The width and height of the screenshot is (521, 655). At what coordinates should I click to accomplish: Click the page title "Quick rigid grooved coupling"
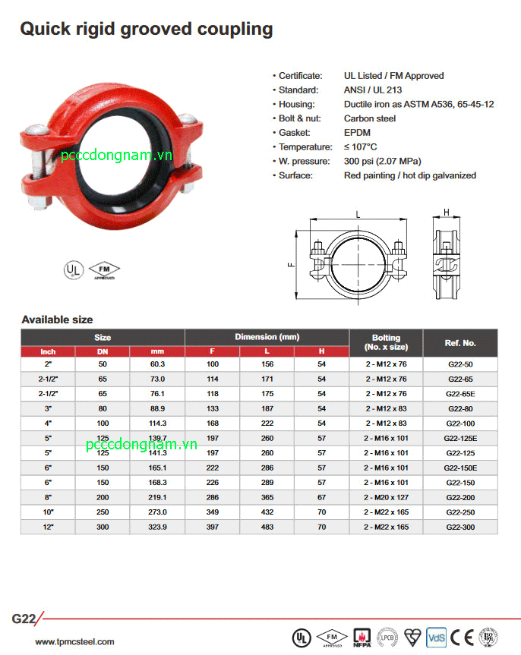pyautogui.click(x=146, y=30)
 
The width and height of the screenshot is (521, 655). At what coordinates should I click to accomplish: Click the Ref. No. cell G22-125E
pyautogui.click(x=460, y=438)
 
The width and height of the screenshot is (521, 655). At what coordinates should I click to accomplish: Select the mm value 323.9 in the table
pyautogui.click(x=157, y=527)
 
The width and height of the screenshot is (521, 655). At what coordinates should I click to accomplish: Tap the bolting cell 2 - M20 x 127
pyautogui.click(x=386, y=497)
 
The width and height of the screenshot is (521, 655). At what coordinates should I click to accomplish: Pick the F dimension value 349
pyautogui.click(x=213, y=512)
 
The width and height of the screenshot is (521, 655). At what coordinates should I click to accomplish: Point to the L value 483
pyautogui.click(x=267, y=527)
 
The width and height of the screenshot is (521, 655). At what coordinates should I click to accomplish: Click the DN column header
pyautogui.click(x=103, y=351)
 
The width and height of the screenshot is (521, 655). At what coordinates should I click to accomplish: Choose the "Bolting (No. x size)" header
pyautogui.click(x=386, y=342)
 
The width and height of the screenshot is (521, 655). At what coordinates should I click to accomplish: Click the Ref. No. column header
pyautogui.click(x=460, y=343)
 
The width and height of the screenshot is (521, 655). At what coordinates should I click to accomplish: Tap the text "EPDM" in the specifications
pyautogui.click(x=357, y=133)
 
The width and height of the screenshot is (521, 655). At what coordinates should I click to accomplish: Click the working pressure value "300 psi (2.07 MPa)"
pyautogui.click(x=382, y=162)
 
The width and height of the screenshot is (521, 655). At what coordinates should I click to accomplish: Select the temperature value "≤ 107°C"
pyautogui.click(x=360, y=147)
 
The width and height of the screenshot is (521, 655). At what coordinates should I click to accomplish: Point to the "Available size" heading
pyautogui.click(x=57, y=320)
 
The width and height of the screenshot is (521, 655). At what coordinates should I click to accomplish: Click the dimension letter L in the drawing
pyautogui.click(x=358, y=215)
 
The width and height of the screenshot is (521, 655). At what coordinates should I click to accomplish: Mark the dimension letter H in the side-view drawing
pyautogui.click(x=447, y=212)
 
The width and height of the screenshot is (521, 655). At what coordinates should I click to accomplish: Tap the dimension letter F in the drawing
pyautogui.click(x=290, y=264)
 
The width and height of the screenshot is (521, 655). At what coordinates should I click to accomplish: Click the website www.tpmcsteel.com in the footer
pyautogui.click(x=74, y=642)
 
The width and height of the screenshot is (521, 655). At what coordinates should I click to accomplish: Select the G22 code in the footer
pyautogui.click(x=24, y=619)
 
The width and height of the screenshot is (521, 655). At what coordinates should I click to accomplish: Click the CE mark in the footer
pyautogui.click(x=457, y=637)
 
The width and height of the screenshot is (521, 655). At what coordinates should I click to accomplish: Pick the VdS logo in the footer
pyautogui.click(x=436, y=637)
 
